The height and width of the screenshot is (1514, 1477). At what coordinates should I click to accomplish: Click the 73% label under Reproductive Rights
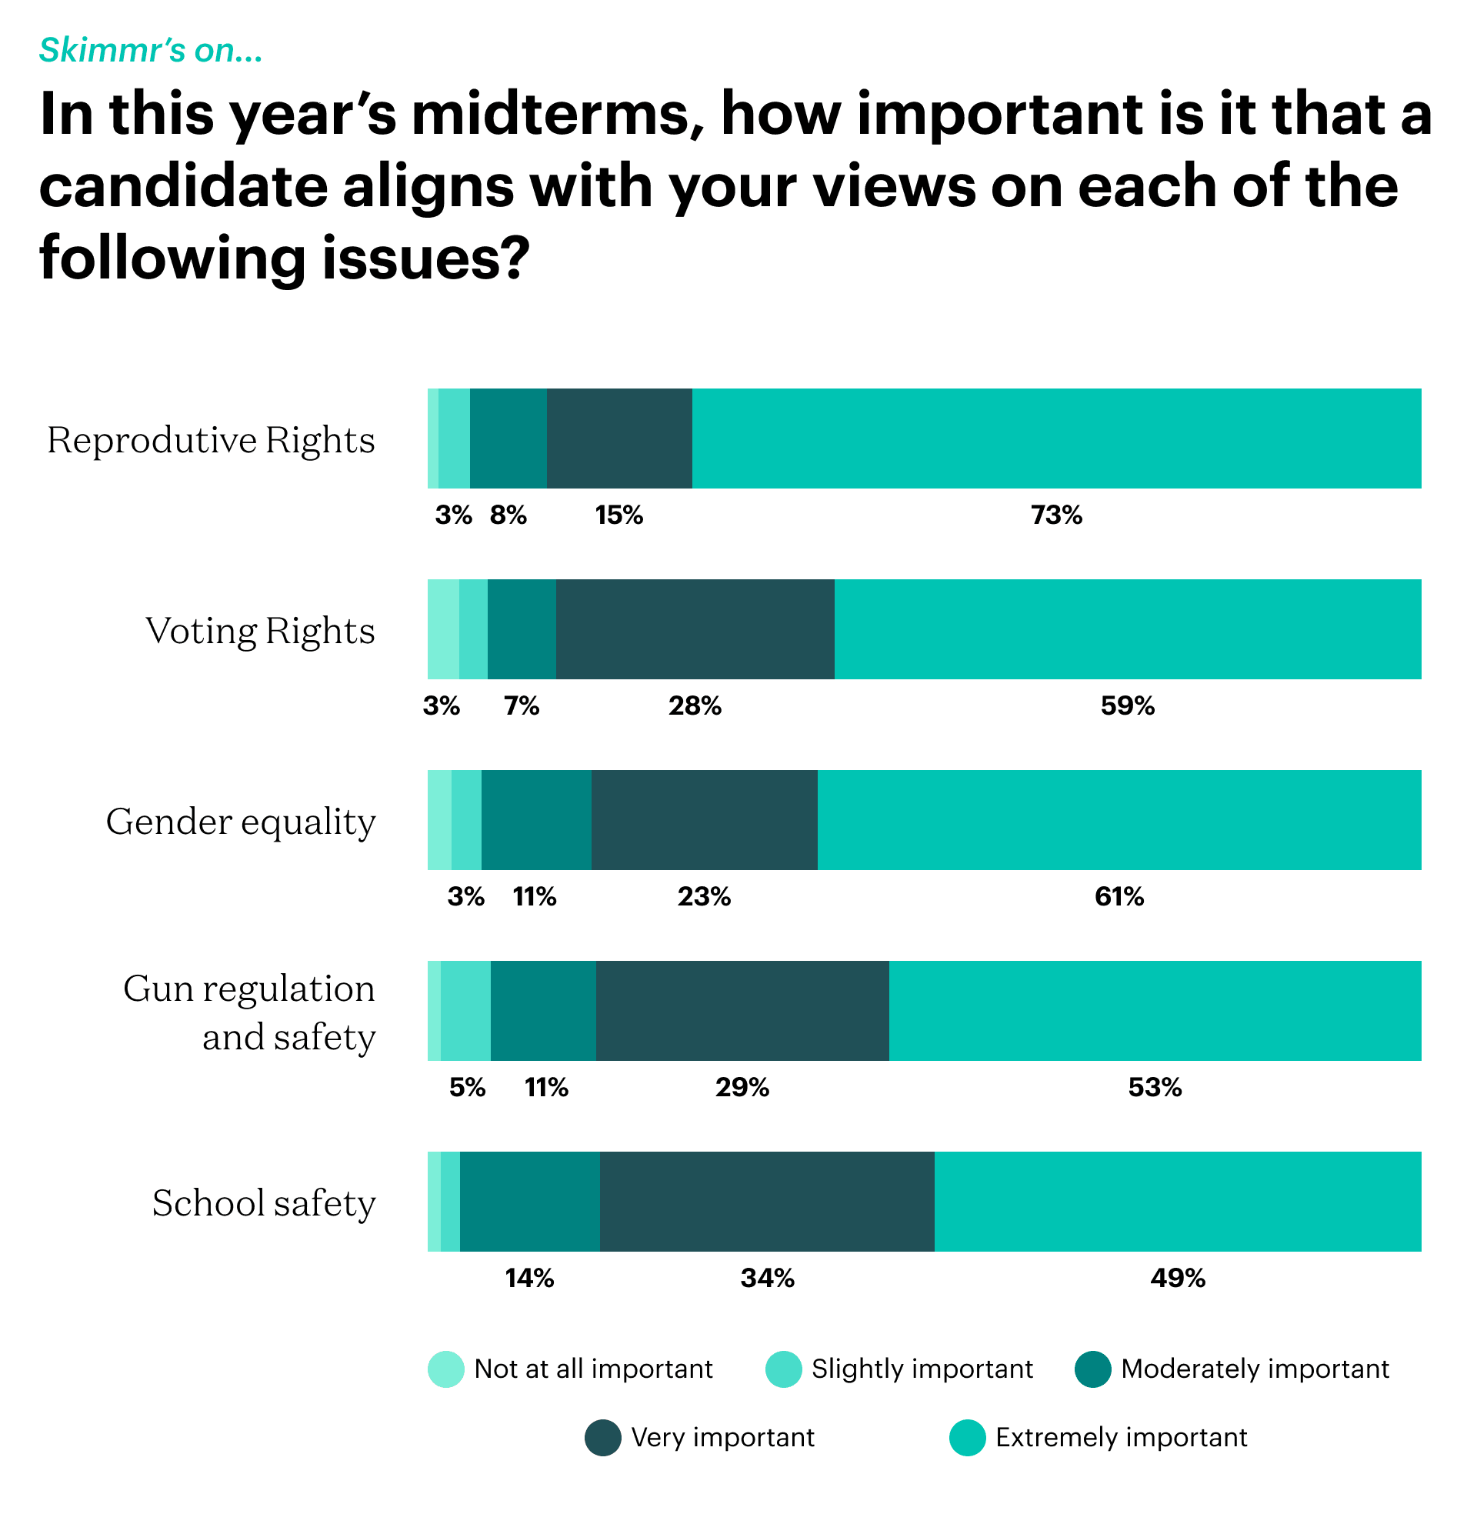(1056, 515)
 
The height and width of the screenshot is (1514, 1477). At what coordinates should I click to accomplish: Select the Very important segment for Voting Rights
(695, 629)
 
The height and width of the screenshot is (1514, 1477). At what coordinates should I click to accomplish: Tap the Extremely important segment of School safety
(1178, 1202)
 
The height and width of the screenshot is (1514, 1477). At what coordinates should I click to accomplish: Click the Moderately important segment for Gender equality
(536, 820)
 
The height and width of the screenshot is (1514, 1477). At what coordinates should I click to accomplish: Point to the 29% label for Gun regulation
(742, 1087)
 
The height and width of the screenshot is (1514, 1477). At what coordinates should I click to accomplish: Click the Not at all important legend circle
(446, 1369)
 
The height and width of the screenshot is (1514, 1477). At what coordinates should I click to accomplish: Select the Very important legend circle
(603, 1437)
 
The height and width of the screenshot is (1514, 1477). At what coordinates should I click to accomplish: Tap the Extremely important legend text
(1121, 1437)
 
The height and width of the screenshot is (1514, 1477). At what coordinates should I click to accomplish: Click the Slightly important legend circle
(783, 1369)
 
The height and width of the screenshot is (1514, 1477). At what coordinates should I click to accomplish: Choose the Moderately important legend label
(1255, 1369)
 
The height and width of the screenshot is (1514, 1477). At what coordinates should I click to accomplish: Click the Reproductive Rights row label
(211, 440)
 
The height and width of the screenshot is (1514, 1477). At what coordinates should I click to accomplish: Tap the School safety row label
(264, 1203)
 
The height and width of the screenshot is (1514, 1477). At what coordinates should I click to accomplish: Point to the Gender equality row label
(241, 822)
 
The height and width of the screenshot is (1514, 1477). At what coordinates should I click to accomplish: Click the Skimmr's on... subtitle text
(152, 51)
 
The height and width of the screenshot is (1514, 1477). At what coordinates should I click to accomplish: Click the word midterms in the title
(551, 115)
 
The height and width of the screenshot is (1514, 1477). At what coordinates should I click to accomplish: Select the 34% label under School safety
(767, 1279)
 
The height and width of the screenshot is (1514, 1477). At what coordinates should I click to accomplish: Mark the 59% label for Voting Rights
(1127, 705)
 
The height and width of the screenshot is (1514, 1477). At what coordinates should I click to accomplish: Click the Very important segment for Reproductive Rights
(619, 439)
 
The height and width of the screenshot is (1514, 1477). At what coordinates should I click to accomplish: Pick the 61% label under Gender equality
(1119, 896)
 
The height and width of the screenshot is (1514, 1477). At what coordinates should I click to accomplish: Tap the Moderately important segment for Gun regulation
(543, 1011)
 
